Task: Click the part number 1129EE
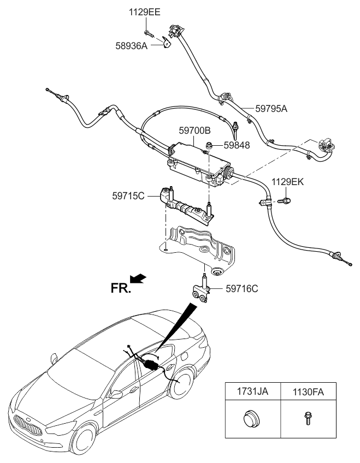pos(145,12)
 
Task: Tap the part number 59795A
pos(271,108)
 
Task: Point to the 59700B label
pos(195,131)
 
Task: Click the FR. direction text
pos(121,289)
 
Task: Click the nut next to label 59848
pos(209,145)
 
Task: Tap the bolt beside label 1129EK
pos(284,201)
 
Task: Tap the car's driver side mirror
pos(116,393)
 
